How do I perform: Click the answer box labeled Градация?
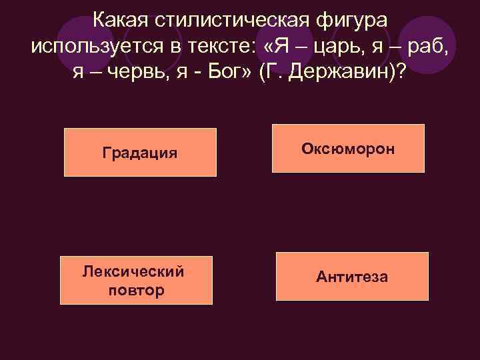point(140,152)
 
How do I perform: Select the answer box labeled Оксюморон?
point(349,148)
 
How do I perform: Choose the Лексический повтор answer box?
point(136,281)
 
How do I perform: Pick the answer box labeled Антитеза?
point(352,276)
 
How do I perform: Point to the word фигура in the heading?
point(348,20)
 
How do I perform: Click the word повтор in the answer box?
point(135,291)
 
